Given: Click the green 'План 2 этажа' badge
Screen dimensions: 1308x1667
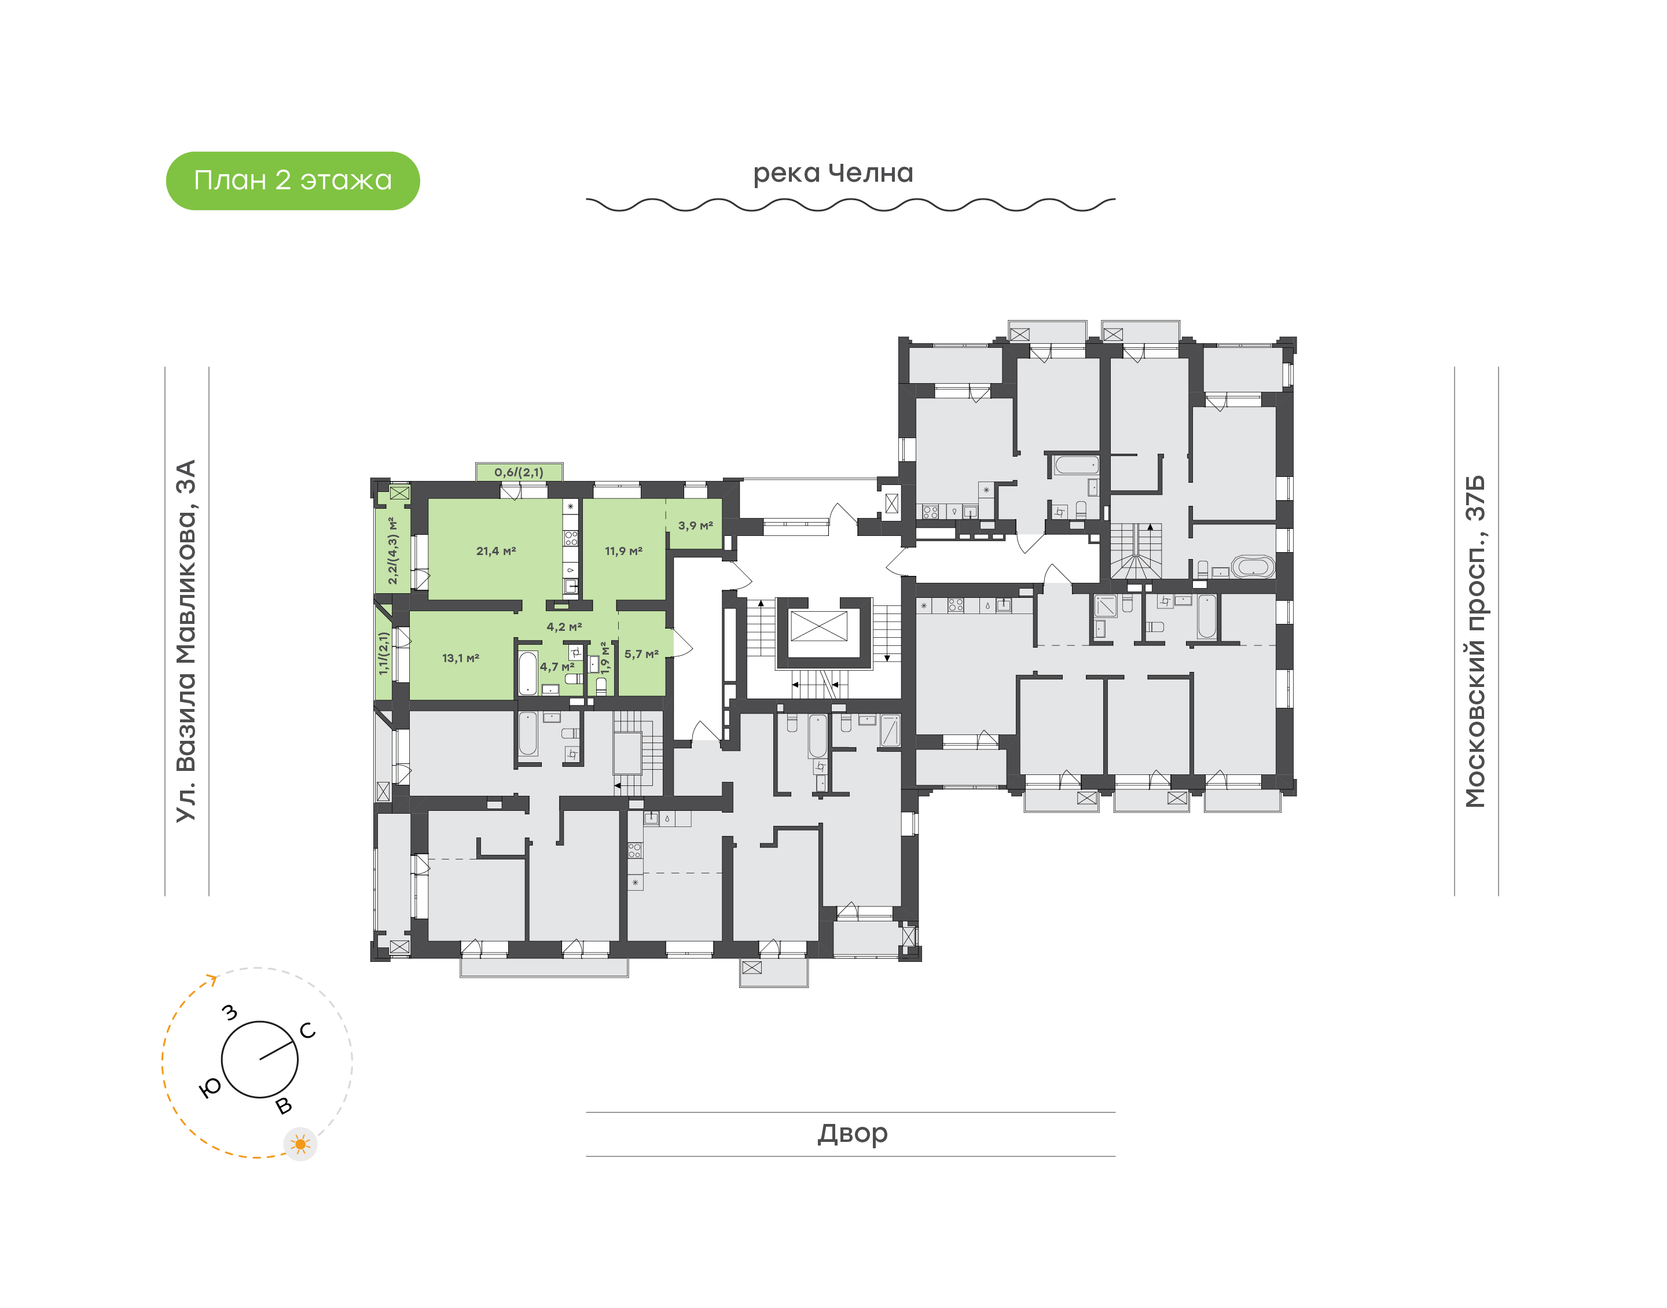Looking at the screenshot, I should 292,181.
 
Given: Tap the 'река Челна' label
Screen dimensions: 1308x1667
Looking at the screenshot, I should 832,173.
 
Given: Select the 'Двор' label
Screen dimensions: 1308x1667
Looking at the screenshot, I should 852,1133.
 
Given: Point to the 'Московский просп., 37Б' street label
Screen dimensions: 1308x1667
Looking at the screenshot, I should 1475,641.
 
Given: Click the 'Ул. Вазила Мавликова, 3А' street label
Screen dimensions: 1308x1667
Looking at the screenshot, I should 186,641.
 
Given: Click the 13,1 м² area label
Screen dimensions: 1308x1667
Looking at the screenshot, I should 460,658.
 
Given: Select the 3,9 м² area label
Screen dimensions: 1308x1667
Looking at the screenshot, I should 695,526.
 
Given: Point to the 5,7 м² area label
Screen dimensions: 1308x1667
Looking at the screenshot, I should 641,654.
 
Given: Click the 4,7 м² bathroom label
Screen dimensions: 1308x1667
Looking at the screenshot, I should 557,667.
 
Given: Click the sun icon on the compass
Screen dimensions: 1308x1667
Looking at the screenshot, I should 300,1144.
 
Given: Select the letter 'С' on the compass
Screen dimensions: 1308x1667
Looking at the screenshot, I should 308,1031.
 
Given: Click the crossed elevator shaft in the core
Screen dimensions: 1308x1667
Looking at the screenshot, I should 818,626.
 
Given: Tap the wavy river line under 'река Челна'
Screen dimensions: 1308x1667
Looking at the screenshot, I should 850,204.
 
